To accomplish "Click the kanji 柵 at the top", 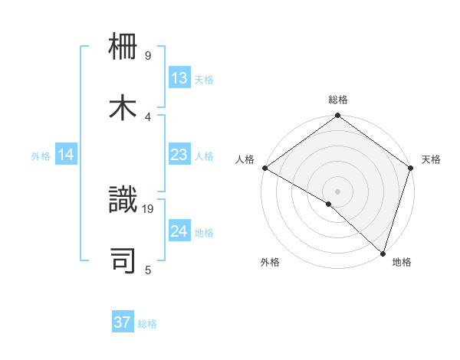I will pos(124,49).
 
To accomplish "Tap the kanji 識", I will pos(124,201).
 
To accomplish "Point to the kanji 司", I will pos(124,260).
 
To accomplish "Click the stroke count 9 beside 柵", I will pos(148,56).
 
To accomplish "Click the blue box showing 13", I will pos(179,78).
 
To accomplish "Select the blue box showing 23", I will pos(179,155).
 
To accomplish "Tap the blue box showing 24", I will pos(179,231).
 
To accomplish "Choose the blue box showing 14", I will pos(66,155).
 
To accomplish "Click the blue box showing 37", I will pos(123,322).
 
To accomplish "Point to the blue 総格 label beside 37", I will pos(147,324).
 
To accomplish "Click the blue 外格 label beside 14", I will pos(41,156).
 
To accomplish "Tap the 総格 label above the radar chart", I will pos(338,100).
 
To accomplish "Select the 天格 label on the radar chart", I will pos(431,159).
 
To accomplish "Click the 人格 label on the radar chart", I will pos(245,159).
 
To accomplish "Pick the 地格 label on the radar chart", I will pos(402,262).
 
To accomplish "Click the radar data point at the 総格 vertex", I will pos(338,116).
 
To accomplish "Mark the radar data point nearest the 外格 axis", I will pos(329,205).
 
